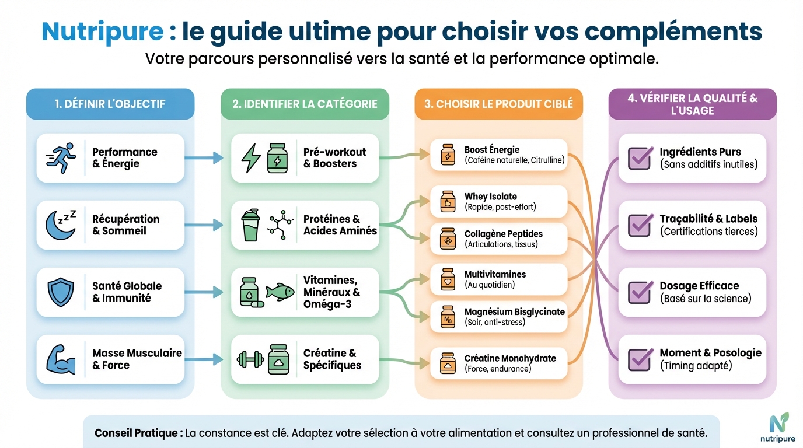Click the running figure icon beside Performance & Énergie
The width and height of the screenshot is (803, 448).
coord(61,157)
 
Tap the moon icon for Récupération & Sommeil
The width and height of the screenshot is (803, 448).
coord(61,225)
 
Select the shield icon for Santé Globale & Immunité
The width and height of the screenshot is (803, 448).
coord(61,292)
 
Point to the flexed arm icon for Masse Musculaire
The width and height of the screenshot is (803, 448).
coord(61,359)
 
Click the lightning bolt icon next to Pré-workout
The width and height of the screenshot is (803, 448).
coord(252,157)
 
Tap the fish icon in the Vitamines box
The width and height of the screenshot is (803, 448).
coord(280,292)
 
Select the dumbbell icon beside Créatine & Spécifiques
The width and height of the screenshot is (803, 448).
coord(250,359)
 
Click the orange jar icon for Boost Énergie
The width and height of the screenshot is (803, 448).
coord(448,155)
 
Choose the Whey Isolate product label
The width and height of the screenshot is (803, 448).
coord(490,197)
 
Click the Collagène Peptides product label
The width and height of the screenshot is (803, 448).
coord(503,234)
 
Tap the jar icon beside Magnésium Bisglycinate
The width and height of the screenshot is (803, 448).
coord(448,317)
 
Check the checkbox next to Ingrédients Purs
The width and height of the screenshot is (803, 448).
coord(640,157)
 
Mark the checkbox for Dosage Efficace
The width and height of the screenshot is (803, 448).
coord(640,292)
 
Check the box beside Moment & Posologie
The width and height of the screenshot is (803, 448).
coord(640,359)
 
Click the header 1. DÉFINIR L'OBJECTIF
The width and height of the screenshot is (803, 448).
coord(110,104)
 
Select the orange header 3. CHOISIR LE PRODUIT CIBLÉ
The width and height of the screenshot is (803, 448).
coord(498,104)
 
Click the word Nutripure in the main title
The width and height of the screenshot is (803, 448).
coord(102,32)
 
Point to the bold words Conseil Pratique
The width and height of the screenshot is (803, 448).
coord(138,433)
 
